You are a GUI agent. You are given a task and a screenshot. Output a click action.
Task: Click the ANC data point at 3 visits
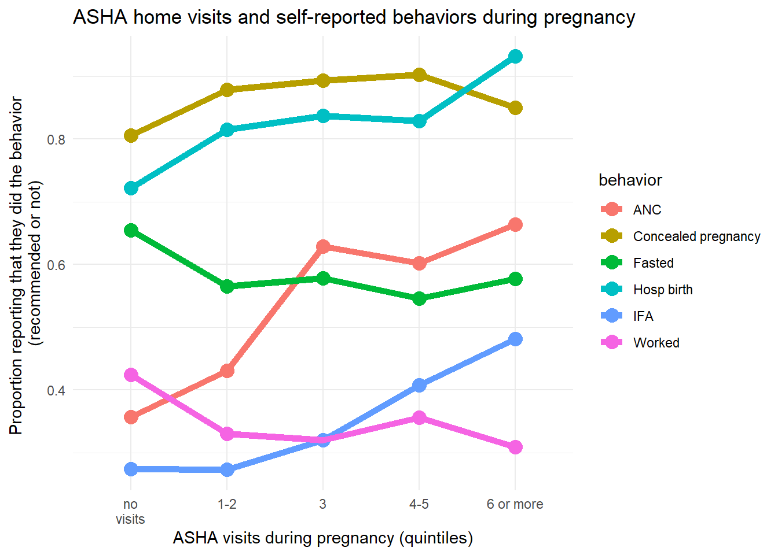[x=323, y=247]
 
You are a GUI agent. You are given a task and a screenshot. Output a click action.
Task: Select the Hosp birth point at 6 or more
[x=515, y=56]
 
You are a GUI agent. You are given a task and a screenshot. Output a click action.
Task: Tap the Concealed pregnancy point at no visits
[x=131, y=136]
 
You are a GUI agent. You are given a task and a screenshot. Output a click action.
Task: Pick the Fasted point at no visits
[x=131, y=230]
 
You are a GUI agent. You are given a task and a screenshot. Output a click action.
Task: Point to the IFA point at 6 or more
[x=515, y=339]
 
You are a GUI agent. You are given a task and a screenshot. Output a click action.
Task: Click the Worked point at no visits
[x=131, y=375]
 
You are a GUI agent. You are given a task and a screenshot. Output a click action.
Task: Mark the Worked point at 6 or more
[x=515, y=447]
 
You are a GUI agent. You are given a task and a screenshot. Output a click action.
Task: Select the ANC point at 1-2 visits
[x=227, y=371]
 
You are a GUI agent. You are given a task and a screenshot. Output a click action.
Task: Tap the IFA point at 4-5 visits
[x=419, y=385]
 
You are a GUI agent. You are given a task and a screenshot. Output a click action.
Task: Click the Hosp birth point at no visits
[x=131, y=188]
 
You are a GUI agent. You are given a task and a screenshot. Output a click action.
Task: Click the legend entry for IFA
[x=643, y=316]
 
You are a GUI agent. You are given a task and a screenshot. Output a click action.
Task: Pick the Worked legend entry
[x=656, y=343]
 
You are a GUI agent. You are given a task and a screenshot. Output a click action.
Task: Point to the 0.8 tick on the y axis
[x=56, y=139]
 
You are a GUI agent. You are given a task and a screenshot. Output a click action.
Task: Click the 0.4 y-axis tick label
[x=56, y=390]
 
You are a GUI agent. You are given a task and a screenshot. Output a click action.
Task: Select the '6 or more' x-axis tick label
[x=515, y=504]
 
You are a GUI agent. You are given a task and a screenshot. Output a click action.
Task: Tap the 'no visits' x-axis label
[x=130, y=512]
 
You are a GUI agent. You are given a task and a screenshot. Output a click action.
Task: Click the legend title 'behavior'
[x=630, y=180]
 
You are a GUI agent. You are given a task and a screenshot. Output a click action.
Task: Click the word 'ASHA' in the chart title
[x=100, y=17]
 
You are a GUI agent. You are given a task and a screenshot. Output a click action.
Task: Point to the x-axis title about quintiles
[x=322, y=538]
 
